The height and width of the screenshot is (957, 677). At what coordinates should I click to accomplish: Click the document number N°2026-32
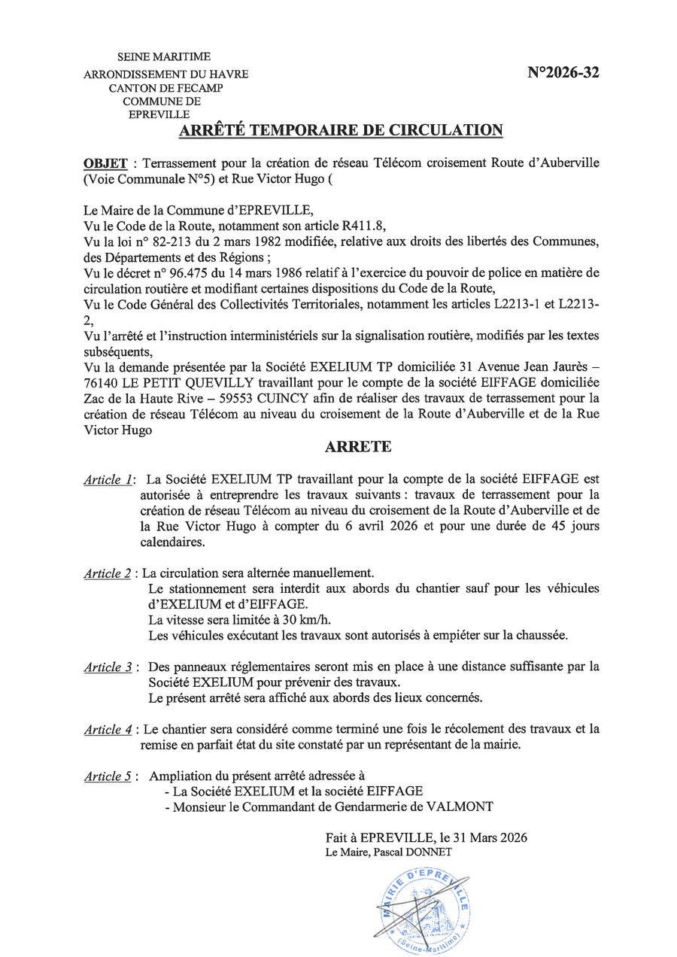(x=563, y=73)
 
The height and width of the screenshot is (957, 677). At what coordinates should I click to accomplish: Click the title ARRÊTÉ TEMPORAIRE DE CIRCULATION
(x=340, y=130)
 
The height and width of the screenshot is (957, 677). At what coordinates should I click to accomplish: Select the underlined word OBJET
(x=105, y=163)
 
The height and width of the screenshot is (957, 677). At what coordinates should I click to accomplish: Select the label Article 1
(x=108, y=479)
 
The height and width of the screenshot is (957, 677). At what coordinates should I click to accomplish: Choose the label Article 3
(x=108, y=667)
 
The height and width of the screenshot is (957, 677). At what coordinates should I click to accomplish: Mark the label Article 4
(x=108, y=730)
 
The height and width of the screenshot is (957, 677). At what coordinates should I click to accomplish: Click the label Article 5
(x=108, y=776)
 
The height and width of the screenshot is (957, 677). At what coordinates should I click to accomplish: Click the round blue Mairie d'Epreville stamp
(x=424, y=910)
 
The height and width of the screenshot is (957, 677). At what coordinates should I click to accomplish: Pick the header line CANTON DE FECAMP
(x=165, y=88)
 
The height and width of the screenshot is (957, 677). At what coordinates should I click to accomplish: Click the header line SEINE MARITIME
(x=163, y=56)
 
